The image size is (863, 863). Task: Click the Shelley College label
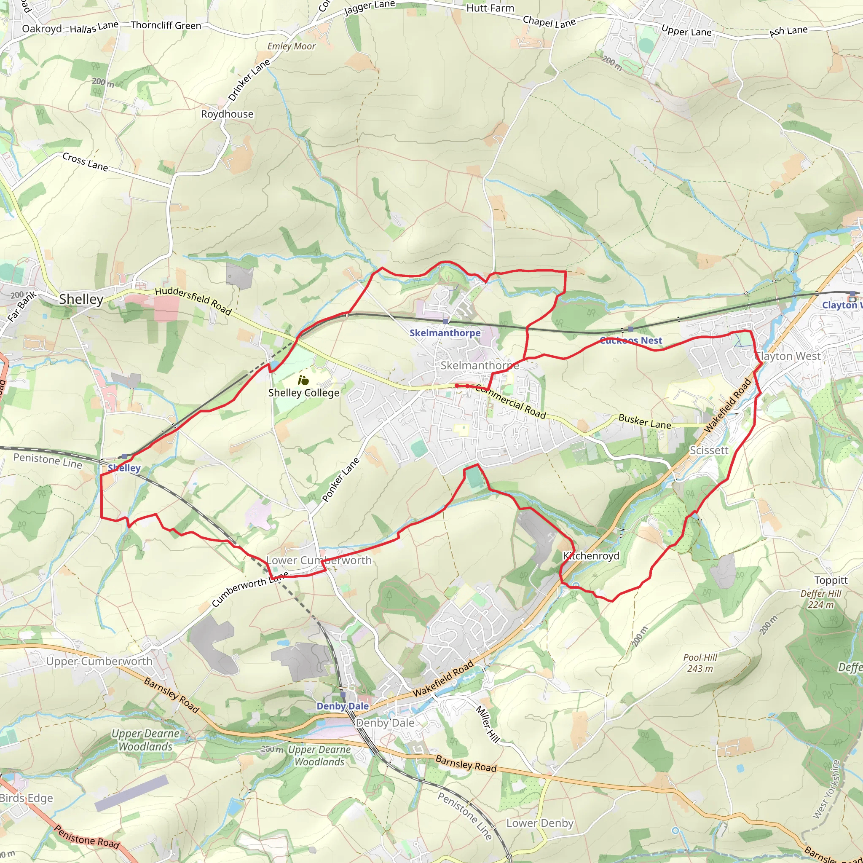[x=304, y=393]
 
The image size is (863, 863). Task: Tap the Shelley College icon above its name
[x=304, y=381]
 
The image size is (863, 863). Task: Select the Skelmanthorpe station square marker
[x=445, y=322]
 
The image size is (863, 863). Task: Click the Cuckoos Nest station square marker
[x=631, y=329]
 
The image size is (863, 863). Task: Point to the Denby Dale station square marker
[x=343, y=695]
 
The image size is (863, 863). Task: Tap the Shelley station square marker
[x=124, y=456]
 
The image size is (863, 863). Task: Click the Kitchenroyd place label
[x=591, y=556]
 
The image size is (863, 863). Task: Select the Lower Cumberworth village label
[x=319, y=560]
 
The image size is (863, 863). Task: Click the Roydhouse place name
[x=227, y=114]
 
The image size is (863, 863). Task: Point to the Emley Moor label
[x=291, y=46]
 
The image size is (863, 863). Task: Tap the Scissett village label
[x=709, y=450]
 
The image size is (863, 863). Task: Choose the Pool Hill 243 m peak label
[x=700, y=663]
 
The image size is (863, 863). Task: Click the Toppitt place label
[x=831, y=580]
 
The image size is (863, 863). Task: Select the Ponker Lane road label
[x=340, y=480]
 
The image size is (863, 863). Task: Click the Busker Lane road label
[x=645, y=421]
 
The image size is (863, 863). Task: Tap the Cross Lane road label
[x=85, y=162]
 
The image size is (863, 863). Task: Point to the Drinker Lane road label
[x=249, y=80]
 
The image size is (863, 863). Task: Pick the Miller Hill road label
[x=488, y=724]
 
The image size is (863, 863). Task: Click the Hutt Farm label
[x=490, y=8]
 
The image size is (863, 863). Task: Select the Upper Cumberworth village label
[x=99, y=662]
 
